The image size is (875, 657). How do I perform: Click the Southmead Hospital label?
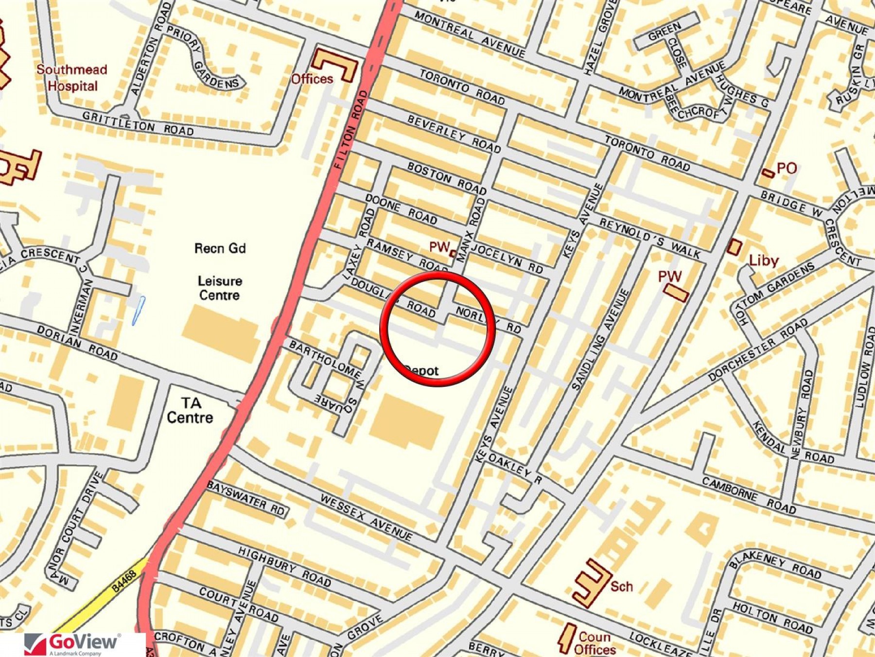click(72, 78)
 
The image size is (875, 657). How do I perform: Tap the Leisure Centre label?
click(219, 288)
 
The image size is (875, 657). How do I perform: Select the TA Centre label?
click(190, 410)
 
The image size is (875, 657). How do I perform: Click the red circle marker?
click(437, 329)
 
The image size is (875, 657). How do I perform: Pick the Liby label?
click(764, 261)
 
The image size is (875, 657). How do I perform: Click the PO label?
click(787, 168)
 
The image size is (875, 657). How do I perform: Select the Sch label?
click(621, 586)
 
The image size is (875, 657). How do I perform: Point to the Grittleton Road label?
click(138, 123)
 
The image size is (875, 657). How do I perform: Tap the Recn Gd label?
click(220, 249)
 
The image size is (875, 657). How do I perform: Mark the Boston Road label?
click(446, 178)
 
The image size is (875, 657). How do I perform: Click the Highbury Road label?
click(284, 566)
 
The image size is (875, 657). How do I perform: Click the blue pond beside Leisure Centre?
click(138, 310)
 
